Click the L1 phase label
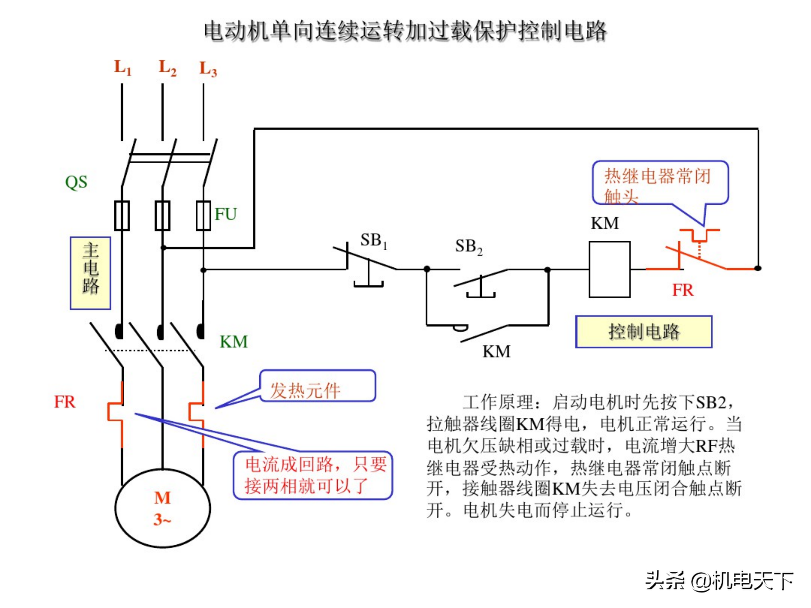click(x=122, y=68)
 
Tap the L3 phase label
click(x=208, y=69)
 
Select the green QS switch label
click(x=76, y=182)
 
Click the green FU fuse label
click(x=226, y=214)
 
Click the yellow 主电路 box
click(x=91, y=273)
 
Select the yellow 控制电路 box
click(x=643, y=332)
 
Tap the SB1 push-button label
click(x=373, y=240)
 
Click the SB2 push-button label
click(x=468, y=246)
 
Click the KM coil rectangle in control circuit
click(x=609, y=269)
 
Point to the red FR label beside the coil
click(x=682, y=290)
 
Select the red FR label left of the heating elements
click(x=64, y=402)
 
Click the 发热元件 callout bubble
click(x=318, y=386)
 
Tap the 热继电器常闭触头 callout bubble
click(x=660, y=182)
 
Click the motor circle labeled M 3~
click(x=162, y=508)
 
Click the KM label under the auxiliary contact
click(x=496, y=352)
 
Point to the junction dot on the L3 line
click(x=203, y=270)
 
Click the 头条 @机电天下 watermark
click(x=719, y=581)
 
